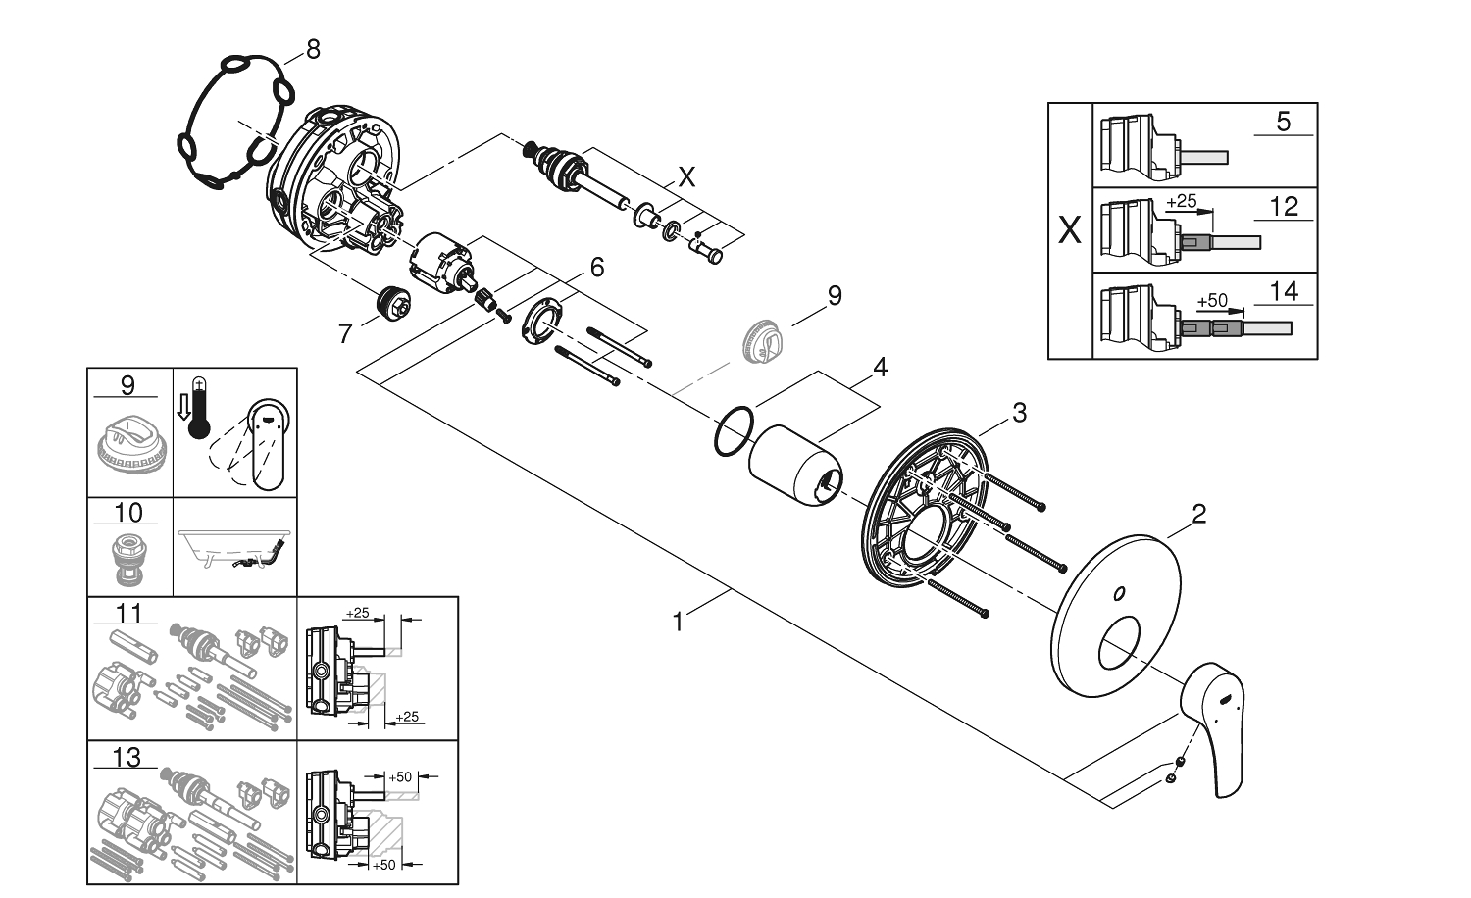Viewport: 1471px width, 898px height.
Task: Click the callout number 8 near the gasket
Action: pos(313,49)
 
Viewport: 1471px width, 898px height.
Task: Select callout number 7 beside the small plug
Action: pos(345,334)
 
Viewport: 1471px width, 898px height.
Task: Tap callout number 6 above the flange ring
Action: pos(596,267)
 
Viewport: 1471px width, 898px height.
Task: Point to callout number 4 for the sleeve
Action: pos(880,368)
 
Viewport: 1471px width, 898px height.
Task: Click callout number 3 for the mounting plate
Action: pos(1019,413)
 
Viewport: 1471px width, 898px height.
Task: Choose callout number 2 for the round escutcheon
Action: pos(1197,513)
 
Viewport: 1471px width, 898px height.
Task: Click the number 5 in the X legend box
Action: pos(1283,123)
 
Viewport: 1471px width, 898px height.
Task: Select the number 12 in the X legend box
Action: pos(1283,206)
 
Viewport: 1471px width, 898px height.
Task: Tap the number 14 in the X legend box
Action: pos(1283,291)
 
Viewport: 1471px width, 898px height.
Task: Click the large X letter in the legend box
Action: pos(1070,232)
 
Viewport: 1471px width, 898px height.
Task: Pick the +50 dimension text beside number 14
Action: pos(1213,300)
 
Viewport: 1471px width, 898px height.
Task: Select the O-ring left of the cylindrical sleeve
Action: pos(734,431)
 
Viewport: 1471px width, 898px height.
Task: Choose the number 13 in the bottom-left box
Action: pos(127,758)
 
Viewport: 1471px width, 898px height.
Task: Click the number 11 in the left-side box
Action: pos(128,614)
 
